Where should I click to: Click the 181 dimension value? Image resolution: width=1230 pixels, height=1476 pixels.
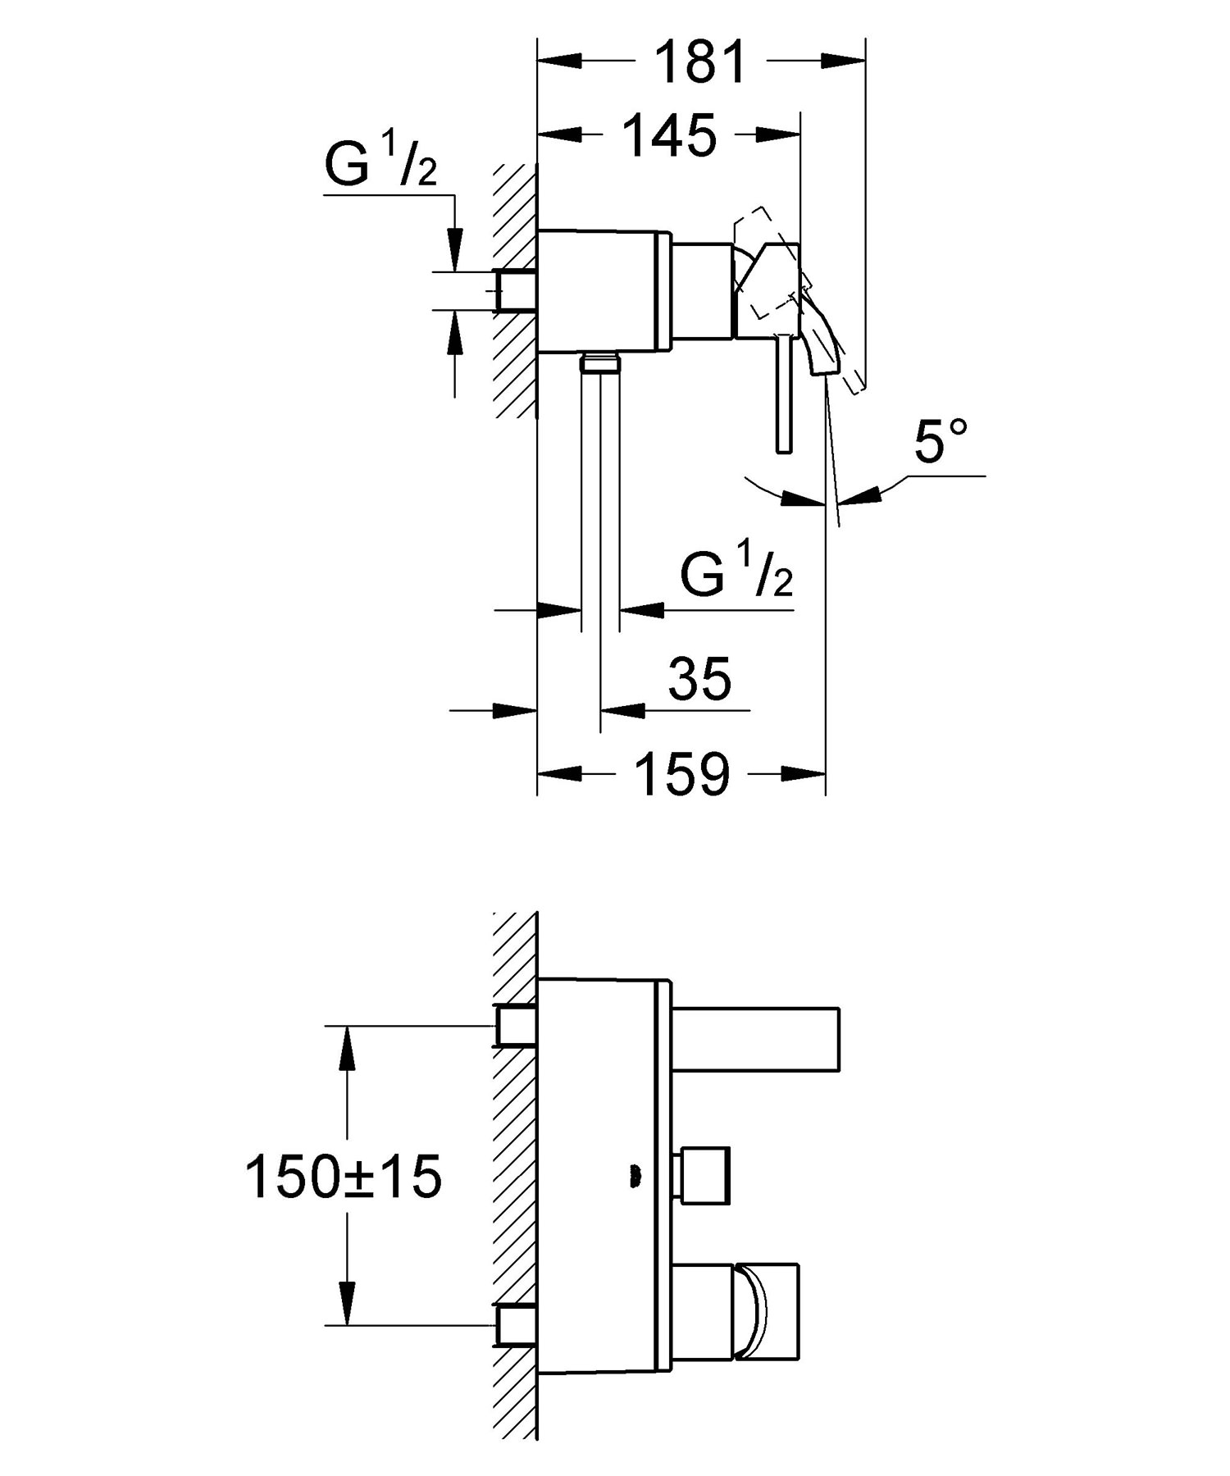pyautogui.click(x=701, y=62)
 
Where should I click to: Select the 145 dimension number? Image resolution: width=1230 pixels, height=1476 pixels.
pyautogui.click(x=670, y=135)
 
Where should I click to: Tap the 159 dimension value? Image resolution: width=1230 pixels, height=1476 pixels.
pyautogui.click(x=682, y=774)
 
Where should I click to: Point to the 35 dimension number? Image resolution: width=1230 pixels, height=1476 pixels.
pyautogui.click(x=699, y=678)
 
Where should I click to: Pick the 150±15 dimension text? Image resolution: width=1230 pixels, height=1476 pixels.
pyautogui.click(x=344, y=1178)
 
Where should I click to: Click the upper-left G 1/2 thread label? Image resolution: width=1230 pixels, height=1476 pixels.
pyautogui.click(x=382, y=163)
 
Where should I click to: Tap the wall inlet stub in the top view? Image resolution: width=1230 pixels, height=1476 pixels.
pyautogui.click(x=516, y=290)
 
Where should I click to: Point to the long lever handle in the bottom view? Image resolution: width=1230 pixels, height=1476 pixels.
pyautogui.click(x=755, y=1038)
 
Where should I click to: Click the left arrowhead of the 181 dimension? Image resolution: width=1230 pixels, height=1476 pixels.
pyautogui.click(x=559, y=60)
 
